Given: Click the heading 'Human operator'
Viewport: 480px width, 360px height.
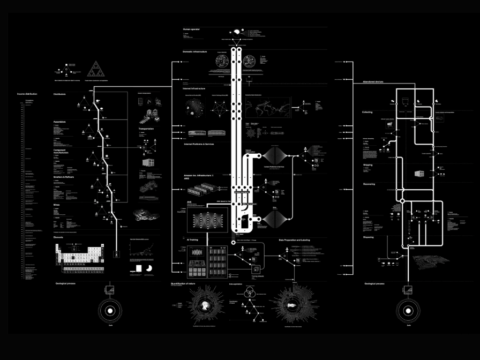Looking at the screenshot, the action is point(190,29).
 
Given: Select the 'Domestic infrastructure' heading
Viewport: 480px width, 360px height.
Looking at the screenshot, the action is point(195,52).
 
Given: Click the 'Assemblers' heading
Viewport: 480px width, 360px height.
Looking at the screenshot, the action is point(59,122).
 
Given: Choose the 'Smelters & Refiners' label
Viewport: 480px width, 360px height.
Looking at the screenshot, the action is point(63,177).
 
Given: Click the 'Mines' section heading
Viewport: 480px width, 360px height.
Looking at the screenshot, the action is point(56,204).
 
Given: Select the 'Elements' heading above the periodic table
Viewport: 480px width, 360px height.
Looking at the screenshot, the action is point(58,236).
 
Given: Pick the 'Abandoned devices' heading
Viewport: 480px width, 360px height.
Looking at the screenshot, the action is point(373,81).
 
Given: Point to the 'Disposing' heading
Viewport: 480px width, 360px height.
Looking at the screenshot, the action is point(368,237).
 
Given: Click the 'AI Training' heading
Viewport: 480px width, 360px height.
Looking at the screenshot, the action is point(192,241).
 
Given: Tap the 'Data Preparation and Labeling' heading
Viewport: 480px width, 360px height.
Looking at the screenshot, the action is point(296,241).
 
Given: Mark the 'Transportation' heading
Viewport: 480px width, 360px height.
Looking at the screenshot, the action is point(146,129).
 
